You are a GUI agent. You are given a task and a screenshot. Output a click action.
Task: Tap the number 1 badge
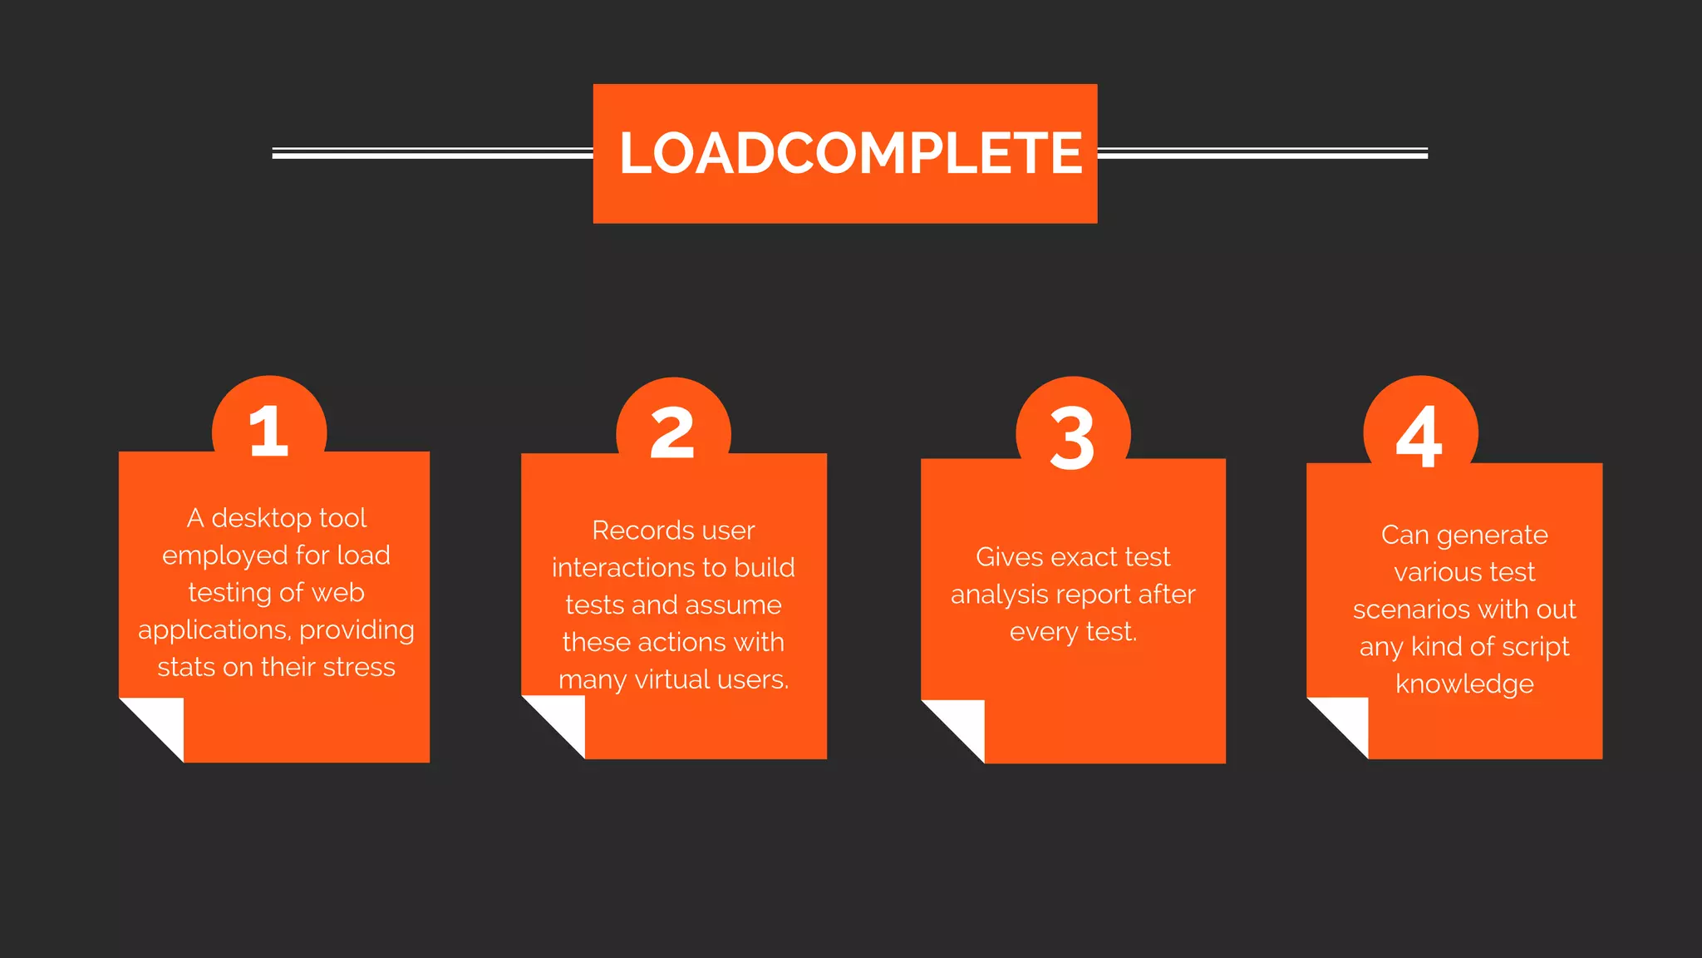268,431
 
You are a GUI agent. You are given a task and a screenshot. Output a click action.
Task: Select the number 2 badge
672,432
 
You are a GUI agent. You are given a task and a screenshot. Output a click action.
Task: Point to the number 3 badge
1072,437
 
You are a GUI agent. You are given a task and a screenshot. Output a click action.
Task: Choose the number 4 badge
1419,435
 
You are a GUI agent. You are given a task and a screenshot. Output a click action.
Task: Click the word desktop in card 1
261,518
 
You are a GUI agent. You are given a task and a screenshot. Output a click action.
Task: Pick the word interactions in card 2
613,568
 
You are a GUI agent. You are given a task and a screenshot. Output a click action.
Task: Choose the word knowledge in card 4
1464,684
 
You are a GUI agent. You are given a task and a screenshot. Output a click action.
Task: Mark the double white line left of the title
432,153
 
